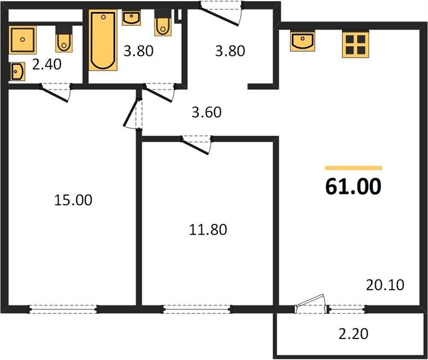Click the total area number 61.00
tap(353, 186)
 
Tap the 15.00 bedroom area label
tap(73, 200)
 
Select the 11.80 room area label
tap(208, 230)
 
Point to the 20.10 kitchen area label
tap(385, 285)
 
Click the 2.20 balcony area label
tap(354, 334)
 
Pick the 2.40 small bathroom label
tap(47, 65)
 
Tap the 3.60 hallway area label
tap(206, 112)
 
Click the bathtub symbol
tap(103, 40)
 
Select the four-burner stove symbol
tap(355, 44)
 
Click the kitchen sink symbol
tap(303, 41)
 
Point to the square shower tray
tap(23, 40)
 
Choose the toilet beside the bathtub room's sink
tap(163, 23)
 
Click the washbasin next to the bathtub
tap(131, 18)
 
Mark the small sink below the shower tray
tap(17, 71)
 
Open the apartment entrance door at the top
tap(221, 14)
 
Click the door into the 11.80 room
tap(197, 145)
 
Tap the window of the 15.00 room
tap(63, 309)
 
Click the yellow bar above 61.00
tap(353, 168)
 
